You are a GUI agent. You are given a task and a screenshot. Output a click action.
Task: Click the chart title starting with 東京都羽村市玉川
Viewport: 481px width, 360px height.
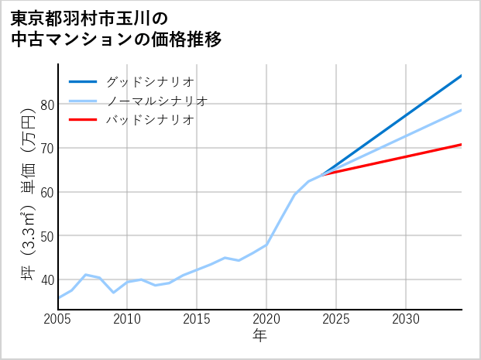116,28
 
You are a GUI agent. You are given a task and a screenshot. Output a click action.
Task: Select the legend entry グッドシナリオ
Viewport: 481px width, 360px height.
149,81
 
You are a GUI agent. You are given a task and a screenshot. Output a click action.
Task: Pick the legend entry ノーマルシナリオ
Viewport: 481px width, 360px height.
156,101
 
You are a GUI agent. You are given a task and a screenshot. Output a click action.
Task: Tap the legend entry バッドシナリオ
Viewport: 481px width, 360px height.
149,120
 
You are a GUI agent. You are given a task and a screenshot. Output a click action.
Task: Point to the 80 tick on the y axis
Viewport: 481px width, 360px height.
46,105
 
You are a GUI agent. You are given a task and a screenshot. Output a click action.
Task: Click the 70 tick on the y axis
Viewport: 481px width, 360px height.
46,148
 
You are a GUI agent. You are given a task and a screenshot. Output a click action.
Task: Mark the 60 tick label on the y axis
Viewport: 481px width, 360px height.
46,192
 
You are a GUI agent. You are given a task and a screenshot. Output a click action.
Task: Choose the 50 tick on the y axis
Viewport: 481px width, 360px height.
46,235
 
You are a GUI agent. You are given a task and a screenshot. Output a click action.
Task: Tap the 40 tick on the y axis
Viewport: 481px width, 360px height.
46,279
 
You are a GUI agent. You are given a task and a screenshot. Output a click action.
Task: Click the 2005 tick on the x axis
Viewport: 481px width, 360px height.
58,319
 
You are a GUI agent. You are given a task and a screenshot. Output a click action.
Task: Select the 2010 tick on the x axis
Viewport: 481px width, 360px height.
128,319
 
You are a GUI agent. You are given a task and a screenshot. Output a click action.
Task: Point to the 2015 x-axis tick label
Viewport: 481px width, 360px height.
198,319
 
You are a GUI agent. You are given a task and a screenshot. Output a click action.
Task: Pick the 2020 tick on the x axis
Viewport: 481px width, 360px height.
266,319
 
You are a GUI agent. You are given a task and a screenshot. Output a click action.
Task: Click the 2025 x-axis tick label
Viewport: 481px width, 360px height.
336,319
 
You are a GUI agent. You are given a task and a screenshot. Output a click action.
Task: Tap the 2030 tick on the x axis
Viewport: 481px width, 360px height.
406,319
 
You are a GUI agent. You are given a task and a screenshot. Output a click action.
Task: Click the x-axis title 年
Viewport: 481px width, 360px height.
259,337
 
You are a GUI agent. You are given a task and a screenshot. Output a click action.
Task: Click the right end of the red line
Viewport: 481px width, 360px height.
462,145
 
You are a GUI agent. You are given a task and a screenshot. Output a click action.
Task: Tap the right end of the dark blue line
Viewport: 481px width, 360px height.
462,76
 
